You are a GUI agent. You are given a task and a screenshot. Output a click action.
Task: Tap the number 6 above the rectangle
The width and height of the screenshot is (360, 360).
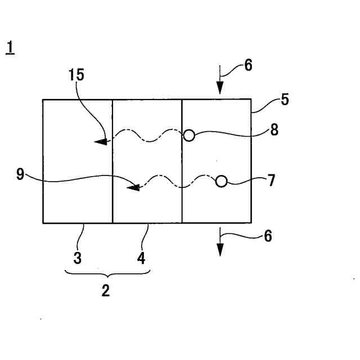pos(248,65)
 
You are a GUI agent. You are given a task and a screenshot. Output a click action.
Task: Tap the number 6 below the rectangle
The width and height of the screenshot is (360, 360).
pos(267,236)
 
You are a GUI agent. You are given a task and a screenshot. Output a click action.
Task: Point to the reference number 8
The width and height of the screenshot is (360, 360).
pos(274,130)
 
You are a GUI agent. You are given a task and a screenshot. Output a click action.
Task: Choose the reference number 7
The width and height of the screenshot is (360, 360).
pos(271,181)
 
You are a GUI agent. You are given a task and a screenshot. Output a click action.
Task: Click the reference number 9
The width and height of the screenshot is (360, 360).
pos(20,175)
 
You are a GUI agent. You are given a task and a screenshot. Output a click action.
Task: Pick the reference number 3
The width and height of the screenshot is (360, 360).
pos(78,258)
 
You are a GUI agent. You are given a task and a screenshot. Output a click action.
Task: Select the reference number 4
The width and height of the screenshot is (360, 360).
pos(142,258)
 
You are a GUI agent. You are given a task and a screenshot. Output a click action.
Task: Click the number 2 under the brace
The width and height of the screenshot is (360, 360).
pos(105,291)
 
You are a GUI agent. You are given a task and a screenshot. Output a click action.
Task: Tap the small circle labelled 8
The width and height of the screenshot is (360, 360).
pos(189,136)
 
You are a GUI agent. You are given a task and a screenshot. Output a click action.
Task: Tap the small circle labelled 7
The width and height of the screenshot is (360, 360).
pos(222,181)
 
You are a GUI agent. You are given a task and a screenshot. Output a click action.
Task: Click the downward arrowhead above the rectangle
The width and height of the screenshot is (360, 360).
pos(220,88)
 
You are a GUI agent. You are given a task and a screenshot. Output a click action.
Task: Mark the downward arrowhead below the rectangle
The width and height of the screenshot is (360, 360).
pos(220,250)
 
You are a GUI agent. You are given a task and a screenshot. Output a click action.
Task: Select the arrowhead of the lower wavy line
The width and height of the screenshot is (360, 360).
pos(133,187)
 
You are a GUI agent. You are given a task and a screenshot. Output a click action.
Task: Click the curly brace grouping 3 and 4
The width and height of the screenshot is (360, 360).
pos(107,274)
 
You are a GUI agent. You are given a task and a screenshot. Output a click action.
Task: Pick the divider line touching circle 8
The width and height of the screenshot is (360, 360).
pos(182,169)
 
